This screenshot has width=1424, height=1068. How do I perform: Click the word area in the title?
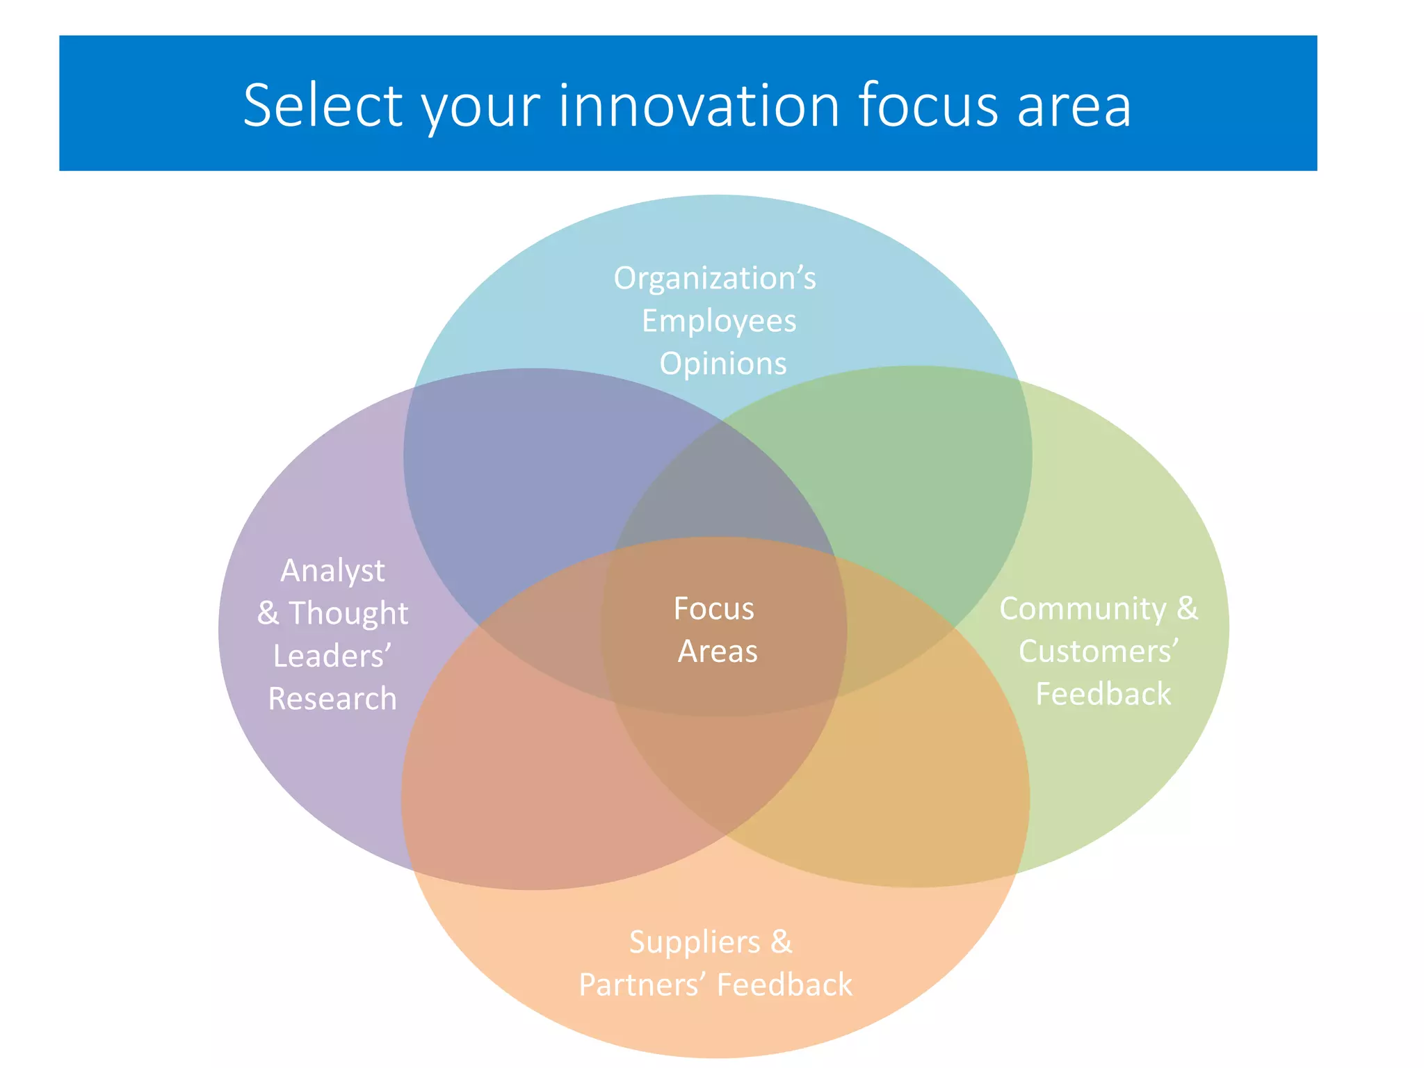[1074, 106]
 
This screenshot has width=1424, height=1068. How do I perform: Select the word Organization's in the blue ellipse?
[715, 278]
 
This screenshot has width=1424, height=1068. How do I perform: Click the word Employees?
[719, 321]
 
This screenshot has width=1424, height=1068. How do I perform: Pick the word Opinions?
[723, 364]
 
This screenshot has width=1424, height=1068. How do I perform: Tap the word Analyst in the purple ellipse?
[332, 571]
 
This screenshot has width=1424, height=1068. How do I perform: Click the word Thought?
[348, 613]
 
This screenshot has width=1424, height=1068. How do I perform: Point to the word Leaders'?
[332, 656]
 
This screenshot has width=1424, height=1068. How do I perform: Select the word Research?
[332, 699]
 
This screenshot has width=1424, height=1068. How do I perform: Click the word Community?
[1083, 609]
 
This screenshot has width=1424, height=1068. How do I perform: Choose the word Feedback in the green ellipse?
[1103, 694]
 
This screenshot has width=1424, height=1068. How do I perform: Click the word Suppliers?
[695, 942]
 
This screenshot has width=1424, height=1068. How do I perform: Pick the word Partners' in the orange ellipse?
[642, 985]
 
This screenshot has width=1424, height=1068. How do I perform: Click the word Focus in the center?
[714, 609]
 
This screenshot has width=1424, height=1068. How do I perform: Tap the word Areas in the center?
[718, 652]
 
